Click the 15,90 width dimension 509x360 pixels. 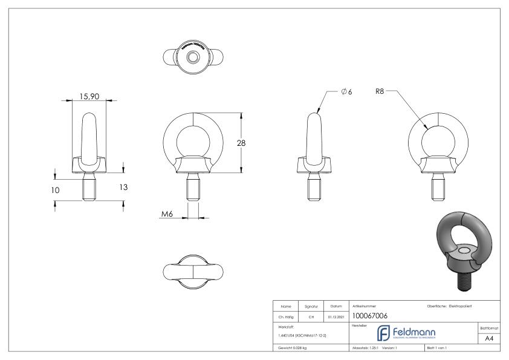[x=89, y=95]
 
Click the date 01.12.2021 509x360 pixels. [x=335, y=315]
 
